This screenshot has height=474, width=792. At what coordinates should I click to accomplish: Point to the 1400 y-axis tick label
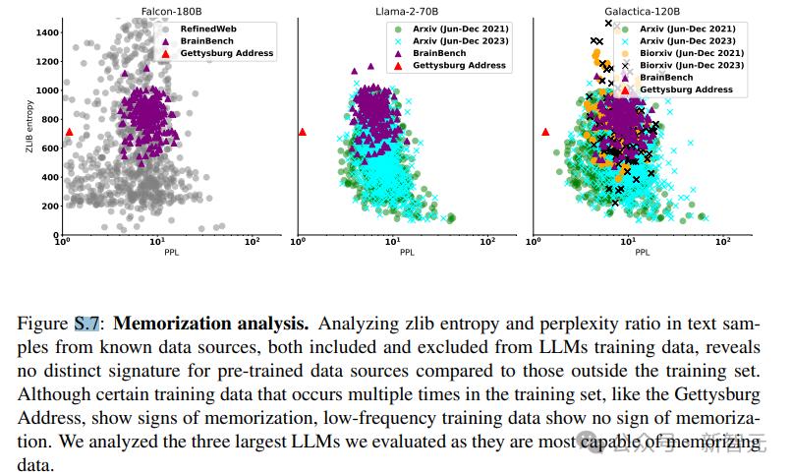pyautogui.click(x=45, y=32)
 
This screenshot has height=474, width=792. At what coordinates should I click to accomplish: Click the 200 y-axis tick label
pyautogui.click(x=48, y=206)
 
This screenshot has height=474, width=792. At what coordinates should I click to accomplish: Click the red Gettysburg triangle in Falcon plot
pyautogui.click(x=69, y=132)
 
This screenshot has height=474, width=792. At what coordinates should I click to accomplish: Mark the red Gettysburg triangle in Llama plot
pyautogui.click(x=303, y=132)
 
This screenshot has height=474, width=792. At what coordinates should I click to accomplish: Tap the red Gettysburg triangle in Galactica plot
pyautogui.click(x=545, y=132)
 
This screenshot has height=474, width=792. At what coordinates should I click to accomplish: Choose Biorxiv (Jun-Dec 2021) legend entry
pyautogui.click(x=692, y=53)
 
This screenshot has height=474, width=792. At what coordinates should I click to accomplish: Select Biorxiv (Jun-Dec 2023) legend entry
pyautogui.click(x=692, y=65)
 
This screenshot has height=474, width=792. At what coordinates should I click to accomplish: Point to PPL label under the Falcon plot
pyautogui.click(x=157, y=251)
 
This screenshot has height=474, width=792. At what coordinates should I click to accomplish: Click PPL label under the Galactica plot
pyautogui.click(x=643, y=251)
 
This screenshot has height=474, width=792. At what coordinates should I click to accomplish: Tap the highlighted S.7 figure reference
pyautogui.click(x=86, y=323)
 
